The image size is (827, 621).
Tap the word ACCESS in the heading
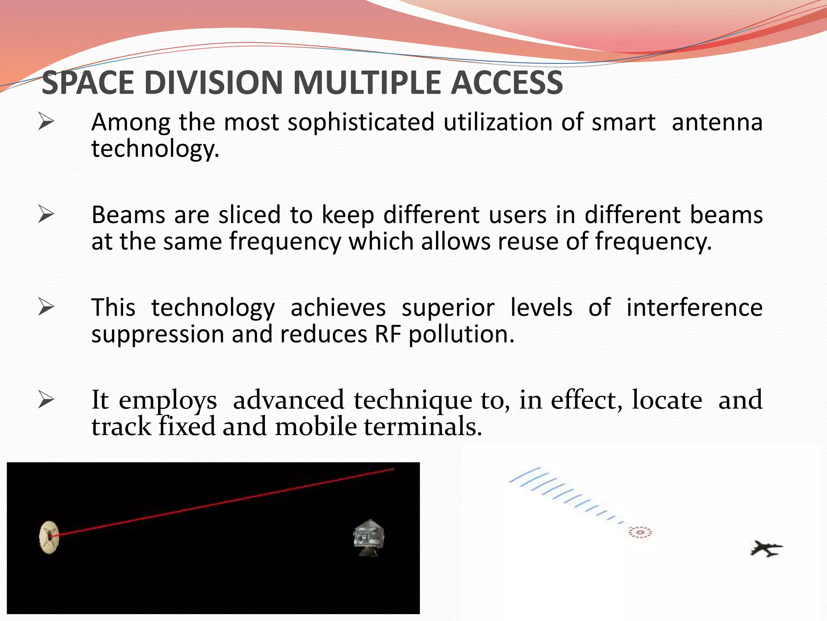click(x=506, y=83)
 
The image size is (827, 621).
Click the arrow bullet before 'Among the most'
click(x=46, y=122)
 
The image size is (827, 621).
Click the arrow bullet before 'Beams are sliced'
click(x=46, y=214)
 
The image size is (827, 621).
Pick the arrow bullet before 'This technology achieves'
click(x=46, y=307)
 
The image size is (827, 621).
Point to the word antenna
click(x=717, y=123)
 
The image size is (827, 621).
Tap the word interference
click(x=694, y=308)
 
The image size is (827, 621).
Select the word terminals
click(x=423, y=427)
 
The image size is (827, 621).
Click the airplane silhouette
click(x=766, y=549)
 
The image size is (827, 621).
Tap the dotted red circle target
click(x=640, y=532)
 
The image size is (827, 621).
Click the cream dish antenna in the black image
click(x=49, y=537)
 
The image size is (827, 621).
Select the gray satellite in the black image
click(x=369, y=537)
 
